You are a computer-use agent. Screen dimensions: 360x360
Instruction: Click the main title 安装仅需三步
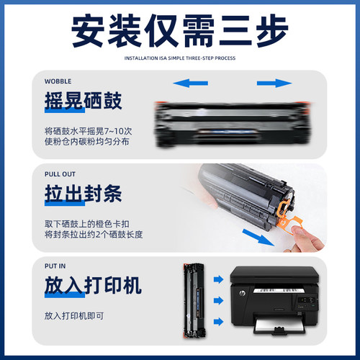[180, 30]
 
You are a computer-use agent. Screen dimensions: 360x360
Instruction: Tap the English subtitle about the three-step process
[180, 58]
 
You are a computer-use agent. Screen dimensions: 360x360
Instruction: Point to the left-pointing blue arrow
[186, 85]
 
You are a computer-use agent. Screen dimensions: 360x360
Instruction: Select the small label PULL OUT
[58, 175]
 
